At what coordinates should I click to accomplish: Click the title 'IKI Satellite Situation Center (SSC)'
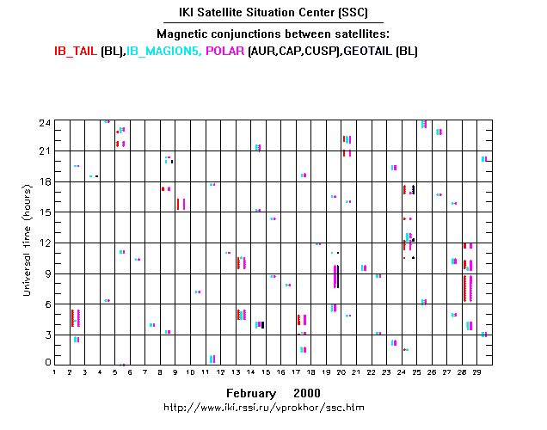[273, 14]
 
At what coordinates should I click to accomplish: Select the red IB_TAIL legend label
[75, 51]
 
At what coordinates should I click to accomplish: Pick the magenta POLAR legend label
[225, 51]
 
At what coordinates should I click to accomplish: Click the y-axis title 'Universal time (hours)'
[28, 242]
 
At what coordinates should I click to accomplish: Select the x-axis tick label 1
[55, 372]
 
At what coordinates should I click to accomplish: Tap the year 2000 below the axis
[306, 391]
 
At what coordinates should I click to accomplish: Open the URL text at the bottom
[273, 406]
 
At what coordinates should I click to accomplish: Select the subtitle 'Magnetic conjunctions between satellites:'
[273, 34]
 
